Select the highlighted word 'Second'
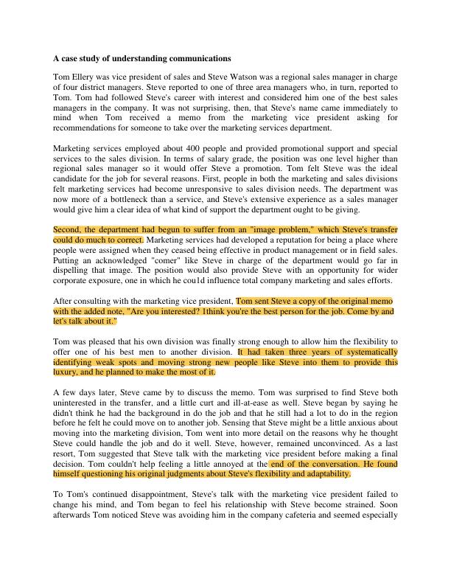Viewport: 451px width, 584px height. [x=67, y=230]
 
